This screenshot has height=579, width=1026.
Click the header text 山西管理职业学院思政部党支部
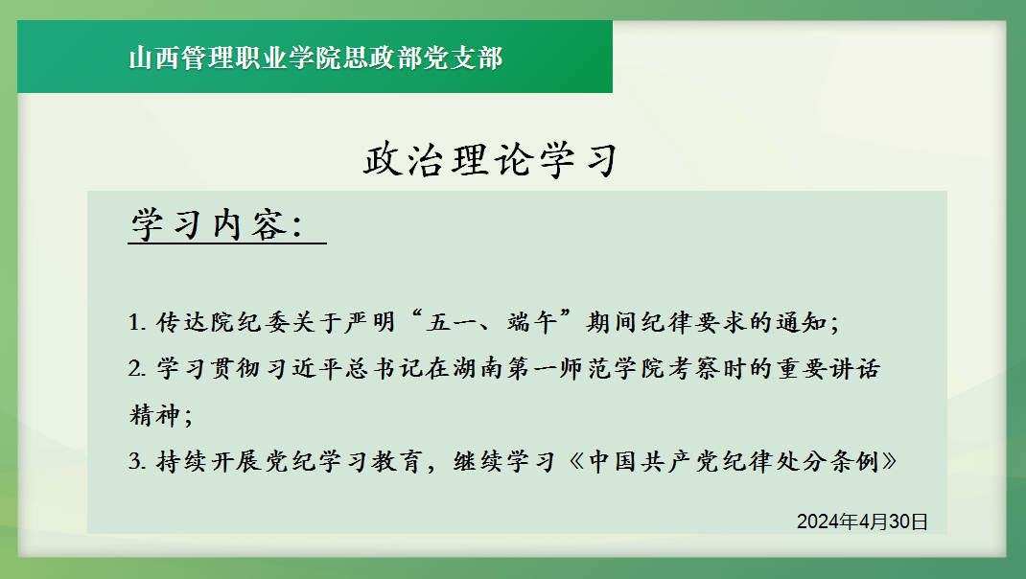(x=315, y=58)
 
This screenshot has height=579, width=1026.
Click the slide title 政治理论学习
(x=491, y=160)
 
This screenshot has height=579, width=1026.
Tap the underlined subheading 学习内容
(x=218, y=224)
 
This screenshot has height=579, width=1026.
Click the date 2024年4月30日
(x=862, y=521)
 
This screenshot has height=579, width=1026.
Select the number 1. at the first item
(x=137, y=322)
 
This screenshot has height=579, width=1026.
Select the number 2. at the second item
(x=137, y=369)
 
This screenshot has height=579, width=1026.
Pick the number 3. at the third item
(x=137, y=462)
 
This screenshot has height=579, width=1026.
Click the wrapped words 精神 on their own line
(x=154, y=415)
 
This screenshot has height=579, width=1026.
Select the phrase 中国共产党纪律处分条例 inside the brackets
(x=734, y=461)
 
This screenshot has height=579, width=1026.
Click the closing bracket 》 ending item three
(x=889, y=461)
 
